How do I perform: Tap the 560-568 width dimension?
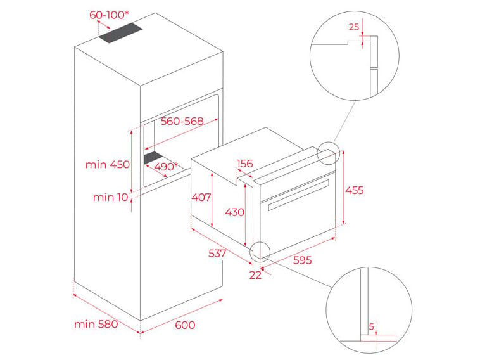click(182, 122)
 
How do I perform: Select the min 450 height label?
click(107, 164)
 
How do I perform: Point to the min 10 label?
click(111, 197)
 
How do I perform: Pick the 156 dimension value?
click(245, 164)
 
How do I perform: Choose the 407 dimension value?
click(201, 197)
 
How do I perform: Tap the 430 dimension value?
click(234, 212)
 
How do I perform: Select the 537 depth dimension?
click(217, 254)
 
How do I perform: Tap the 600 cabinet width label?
click(184, 325)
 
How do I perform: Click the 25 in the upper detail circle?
click(353, 27)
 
